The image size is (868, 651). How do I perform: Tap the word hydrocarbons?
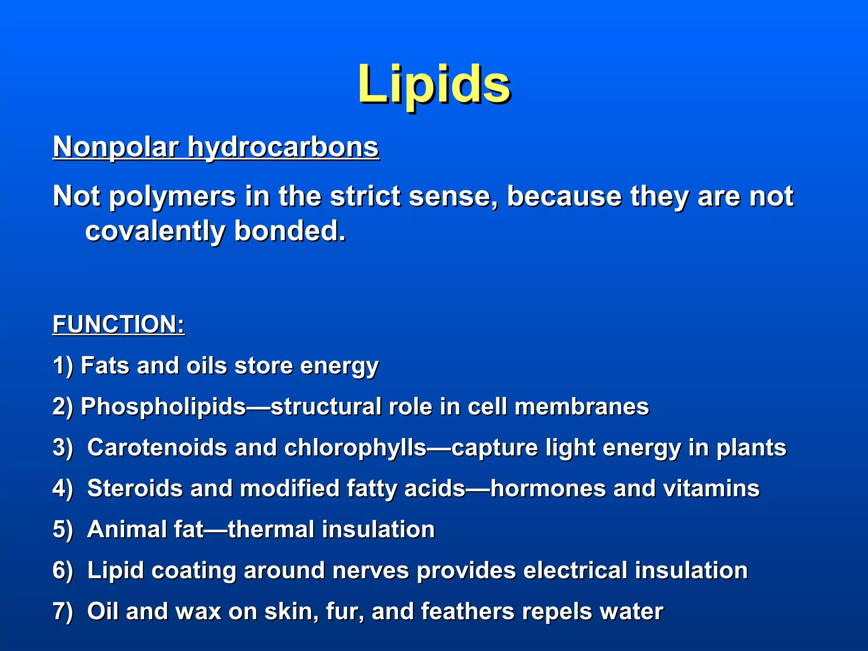(x=283, y=147)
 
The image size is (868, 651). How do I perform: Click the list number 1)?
(x=63, y=365)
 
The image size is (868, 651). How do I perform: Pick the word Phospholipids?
(x=163, y=406)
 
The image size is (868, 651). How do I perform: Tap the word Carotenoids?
(x=157, y=448)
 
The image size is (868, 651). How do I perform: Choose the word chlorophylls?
(x=355, y=448)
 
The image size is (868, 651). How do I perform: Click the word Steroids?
(x=135, y=488)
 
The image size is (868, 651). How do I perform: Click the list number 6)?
(x=63, y=570)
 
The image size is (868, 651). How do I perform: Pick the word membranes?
(x=581, y=406)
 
